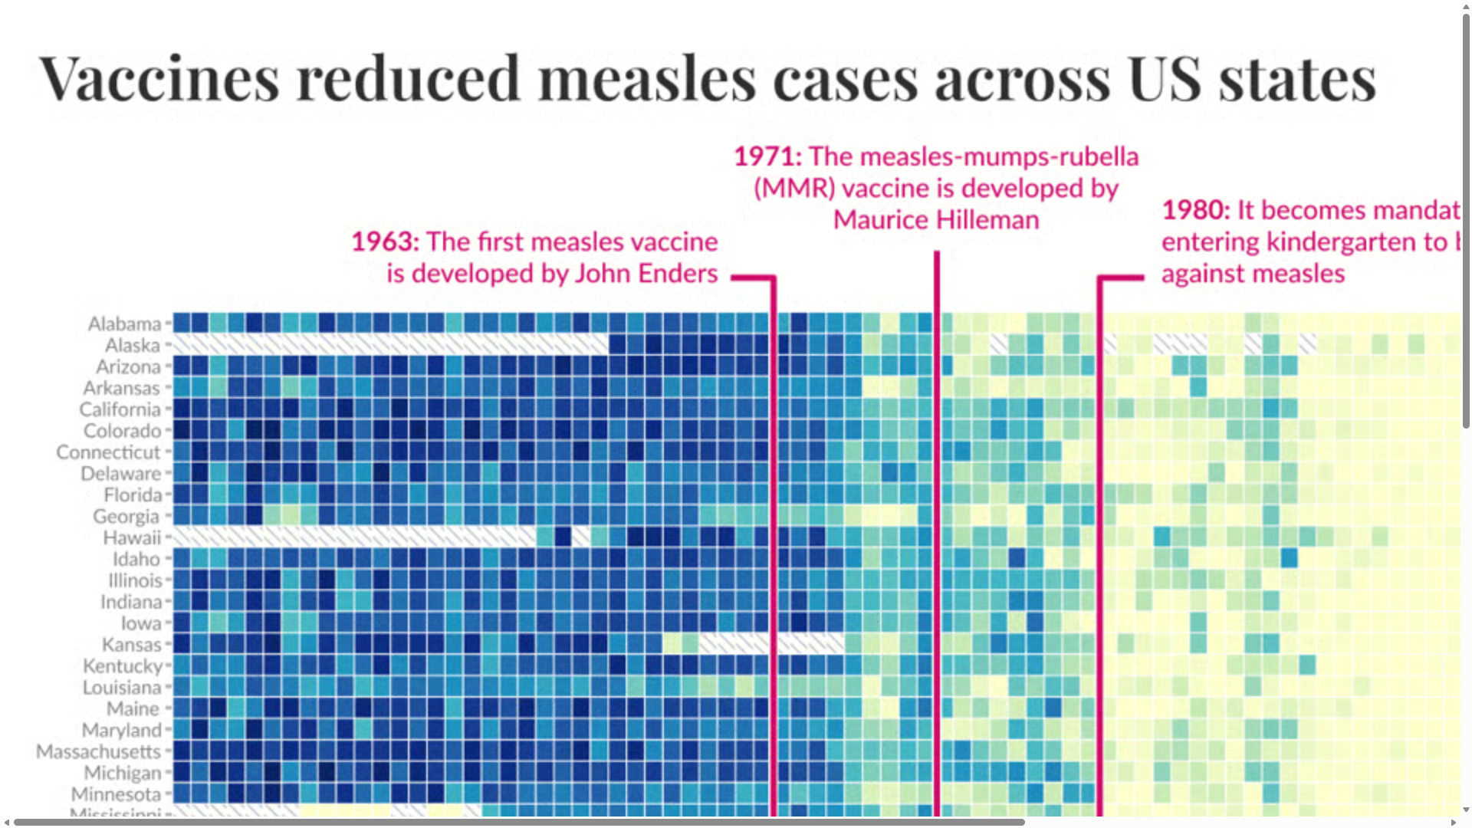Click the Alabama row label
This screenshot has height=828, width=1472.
pos(124,324)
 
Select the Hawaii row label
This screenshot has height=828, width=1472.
pos(132,537)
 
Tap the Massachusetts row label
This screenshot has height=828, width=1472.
pos(98,751)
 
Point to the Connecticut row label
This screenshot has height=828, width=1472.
pos(108,452)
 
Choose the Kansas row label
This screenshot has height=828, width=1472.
pos(131,645)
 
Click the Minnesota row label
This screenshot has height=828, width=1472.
pos(116,794)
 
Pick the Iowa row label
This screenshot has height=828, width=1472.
pos(141,623)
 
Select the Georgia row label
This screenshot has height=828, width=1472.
pos(126,517)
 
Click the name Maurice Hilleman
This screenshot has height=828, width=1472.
pos(936,221)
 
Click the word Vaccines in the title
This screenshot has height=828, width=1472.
pos(159,79)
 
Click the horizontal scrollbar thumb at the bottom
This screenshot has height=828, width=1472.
pos(518,822)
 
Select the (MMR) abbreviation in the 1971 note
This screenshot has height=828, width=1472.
pos(794,189)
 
